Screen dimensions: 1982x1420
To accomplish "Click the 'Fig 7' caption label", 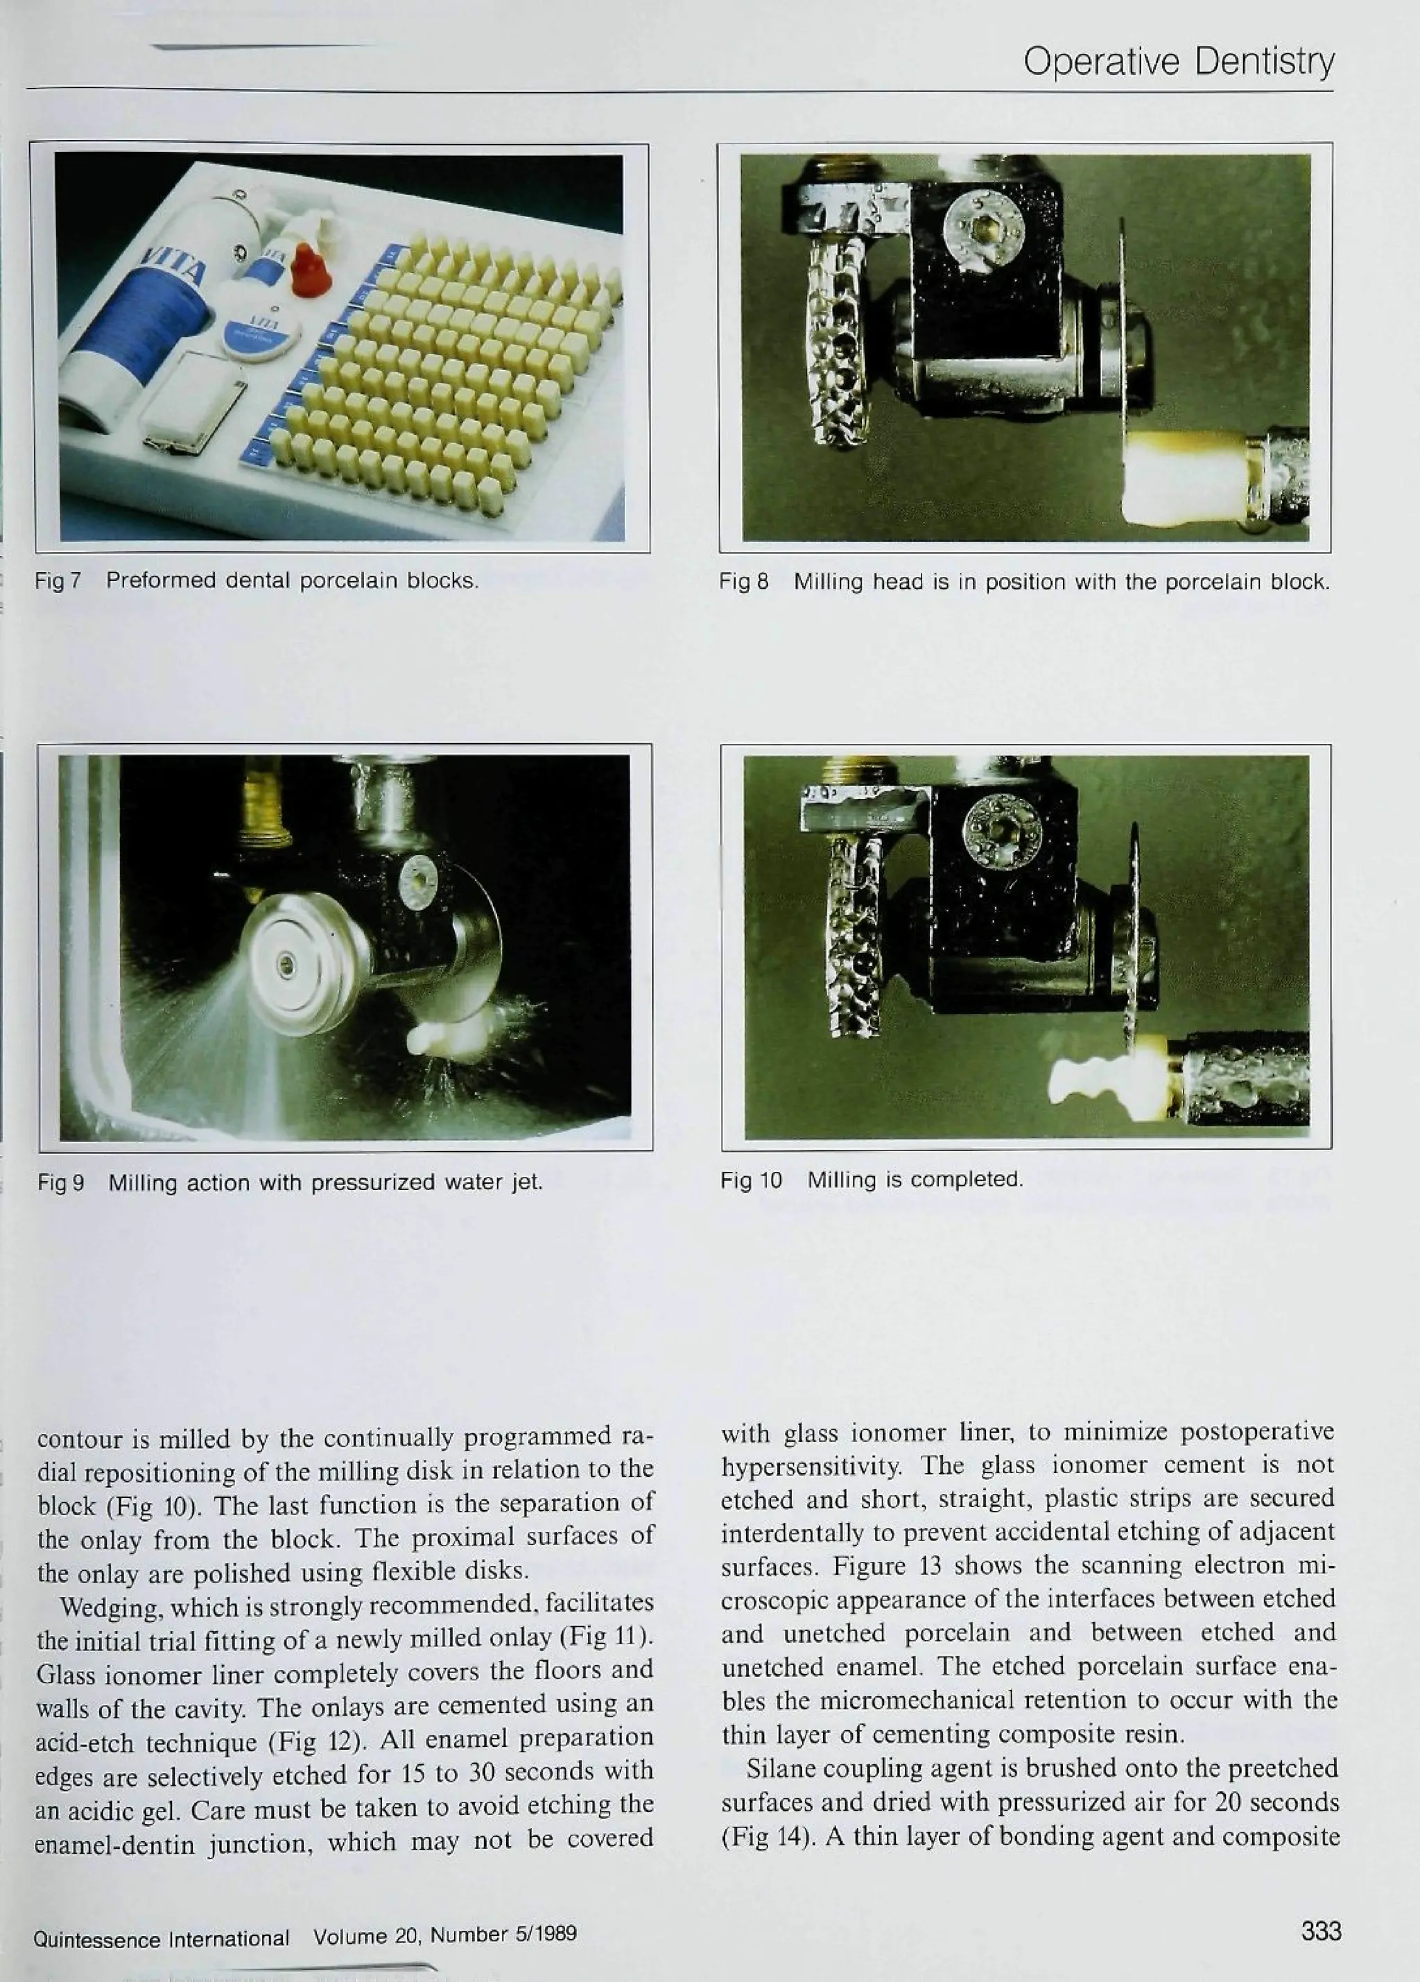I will coord(58,580).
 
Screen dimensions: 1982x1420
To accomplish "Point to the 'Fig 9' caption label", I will coord(60,1183).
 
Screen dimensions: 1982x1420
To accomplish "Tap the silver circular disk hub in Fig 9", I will coord(284,965).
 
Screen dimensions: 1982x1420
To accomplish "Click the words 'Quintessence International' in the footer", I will coord(161,1939).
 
